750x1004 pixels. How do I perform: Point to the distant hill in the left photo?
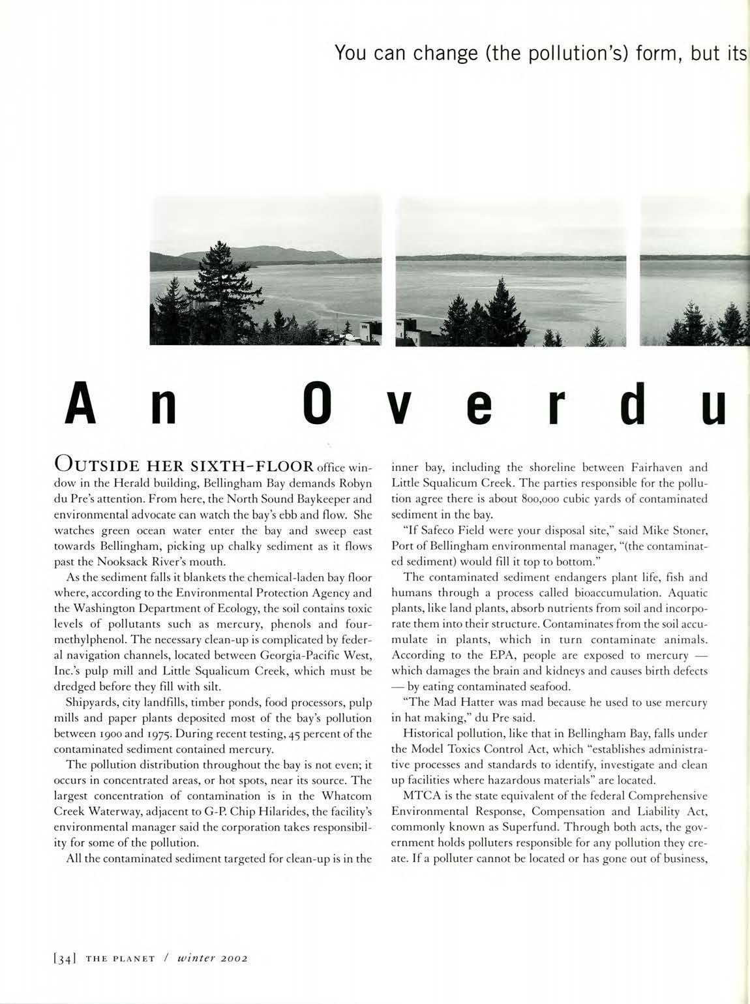click(274, 253)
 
